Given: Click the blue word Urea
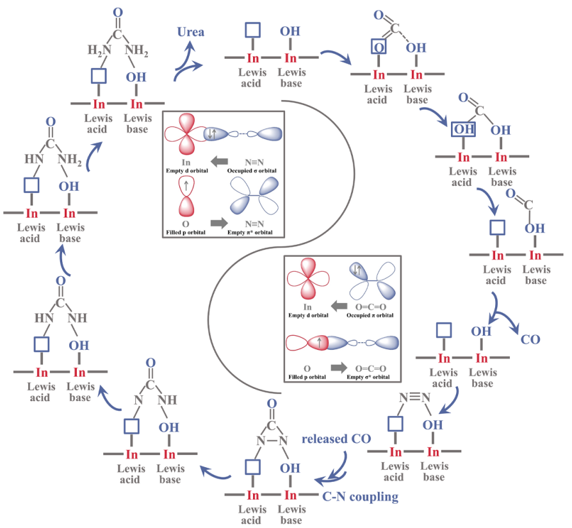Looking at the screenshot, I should point(191,31).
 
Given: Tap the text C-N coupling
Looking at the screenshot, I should point(360,496).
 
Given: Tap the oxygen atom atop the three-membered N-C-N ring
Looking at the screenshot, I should point(271,404).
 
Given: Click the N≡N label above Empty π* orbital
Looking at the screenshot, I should point(252,224).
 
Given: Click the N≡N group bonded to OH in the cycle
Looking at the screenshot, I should point(413,397).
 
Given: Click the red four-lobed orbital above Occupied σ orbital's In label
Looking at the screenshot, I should point(185,134).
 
